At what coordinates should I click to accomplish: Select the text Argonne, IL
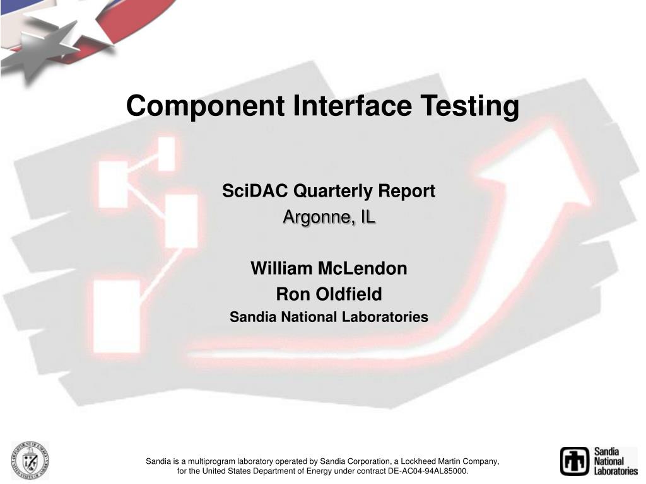[x=329, y=217]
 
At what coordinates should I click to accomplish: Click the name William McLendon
[x=329, y=268]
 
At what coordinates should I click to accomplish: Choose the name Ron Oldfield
[x=329, y=294]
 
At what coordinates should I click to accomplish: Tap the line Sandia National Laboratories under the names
[x=329, y=317]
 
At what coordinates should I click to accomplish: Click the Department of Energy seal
[x=30, y=460]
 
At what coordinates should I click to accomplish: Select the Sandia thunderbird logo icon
[x=574, y=461]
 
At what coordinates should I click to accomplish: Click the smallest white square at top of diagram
[x=166, y=153]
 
